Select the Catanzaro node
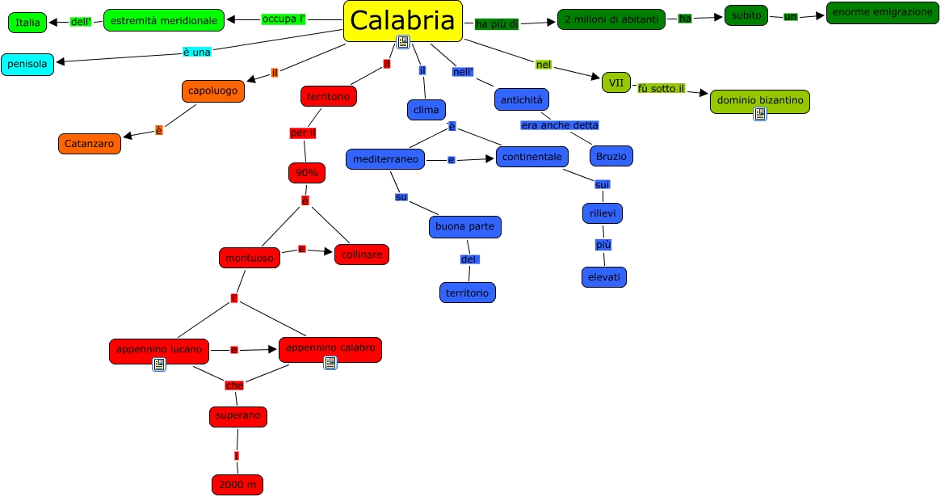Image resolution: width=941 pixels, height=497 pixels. pyautogui.click(x=90, y=144)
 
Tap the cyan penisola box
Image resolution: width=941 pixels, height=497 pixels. pyautogui.click(x=27, y=64)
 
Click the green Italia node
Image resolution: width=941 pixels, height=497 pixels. pyautogui.click(x=27, y=23)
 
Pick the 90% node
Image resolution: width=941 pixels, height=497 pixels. pyautogui.click(x=306, y=173)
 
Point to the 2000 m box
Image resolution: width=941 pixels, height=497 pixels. pyautogui.click(x=237, y=484)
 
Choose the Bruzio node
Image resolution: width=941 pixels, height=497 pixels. pyautogui.click(x=611, y=156)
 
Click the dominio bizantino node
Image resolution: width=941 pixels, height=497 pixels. pyautogui.click(x=759, y=100)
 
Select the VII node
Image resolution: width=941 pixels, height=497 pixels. pyautogui.click(x=616, y=82)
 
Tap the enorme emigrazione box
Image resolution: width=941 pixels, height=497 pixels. pyautogui.click(x=882, y=13)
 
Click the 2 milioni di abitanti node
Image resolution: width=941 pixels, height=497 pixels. pyautogui.click(x=611, y=19)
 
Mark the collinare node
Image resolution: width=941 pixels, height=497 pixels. pyautogui.click(x=362, y=255)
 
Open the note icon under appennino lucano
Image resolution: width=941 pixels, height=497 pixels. pyautogui.click(x=159, y=364)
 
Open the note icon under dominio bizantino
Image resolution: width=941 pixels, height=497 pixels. pyautogui.click(x=760, y=114)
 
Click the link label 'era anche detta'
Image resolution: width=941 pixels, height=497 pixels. pyautogui.click(x=560, y=125)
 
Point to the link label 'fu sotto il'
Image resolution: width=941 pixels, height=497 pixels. pyautogui.click(x=661, y=88)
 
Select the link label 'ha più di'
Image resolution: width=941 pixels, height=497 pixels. pyautogui.click(x=496, y=24)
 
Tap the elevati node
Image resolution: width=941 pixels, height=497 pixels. pyautogui.click(x=604, y=277)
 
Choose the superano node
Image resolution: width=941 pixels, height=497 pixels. pyautogui.click(x=237, y=416)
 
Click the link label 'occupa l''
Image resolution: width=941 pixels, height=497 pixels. pyautogui.click(x=284, y=19)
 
